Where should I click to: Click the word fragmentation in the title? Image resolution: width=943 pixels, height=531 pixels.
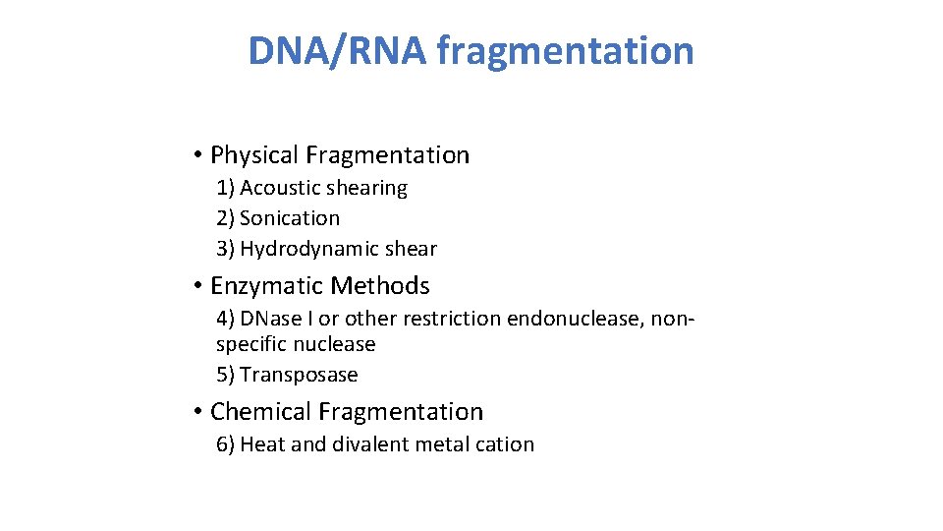(565, 50)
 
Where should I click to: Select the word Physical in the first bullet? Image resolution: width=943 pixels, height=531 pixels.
(254, 155)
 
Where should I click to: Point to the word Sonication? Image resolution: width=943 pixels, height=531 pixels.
(290, 218)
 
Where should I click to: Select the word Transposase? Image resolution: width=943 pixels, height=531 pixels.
(299, 375)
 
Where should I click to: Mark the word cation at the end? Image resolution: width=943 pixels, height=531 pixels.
(505, 444)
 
